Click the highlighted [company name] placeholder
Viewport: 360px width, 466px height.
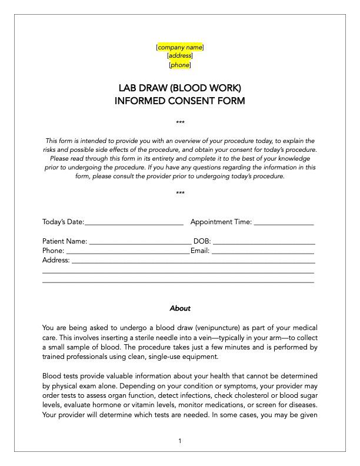pos(180,47)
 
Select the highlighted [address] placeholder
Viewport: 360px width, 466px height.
pos(180,56)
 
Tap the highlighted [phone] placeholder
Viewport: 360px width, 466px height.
pos(180,65)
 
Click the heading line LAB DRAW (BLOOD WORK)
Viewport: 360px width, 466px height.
pos(180,88)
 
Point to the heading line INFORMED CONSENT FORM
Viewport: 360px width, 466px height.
pos(180,101)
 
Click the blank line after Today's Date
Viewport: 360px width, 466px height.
pos(134,224)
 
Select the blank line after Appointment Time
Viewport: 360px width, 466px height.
pos(284,224)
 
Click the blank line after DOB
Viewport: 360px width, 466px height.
pos(264,242)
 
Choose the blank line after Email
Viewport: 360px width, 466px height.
pos(263,252)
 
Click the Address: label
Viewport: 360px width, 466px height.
pos(56,260)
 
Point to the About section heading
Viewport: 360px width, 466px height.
pos(180,308)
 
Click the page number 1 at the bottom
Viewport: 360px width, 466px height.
pos(180,441)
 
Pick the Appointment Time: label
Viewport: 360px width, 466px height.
pos(221,222)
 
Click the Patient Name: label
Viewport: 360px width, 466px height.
pos(65,241)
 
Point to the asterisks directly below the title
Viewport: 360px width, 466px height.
pos(180,122)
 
